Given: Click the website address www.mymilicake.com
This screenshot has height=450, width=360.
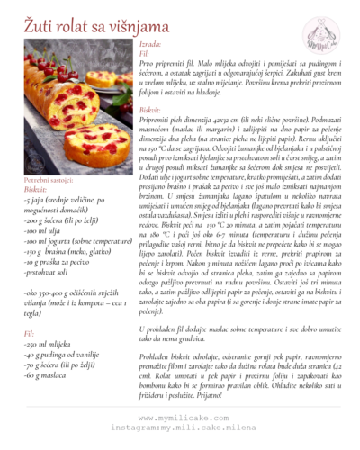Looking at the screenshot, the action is click(179, 418).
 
